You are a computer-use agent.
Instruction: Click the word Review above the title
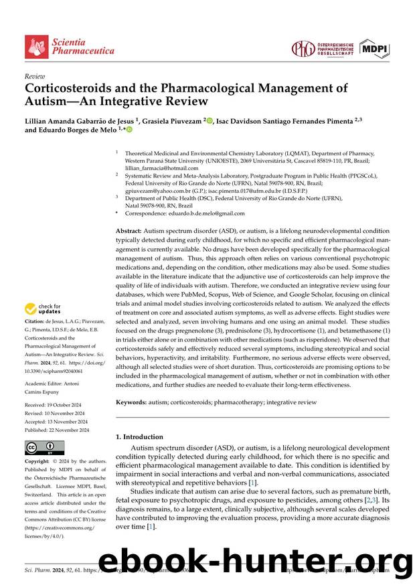(x=35, y=77)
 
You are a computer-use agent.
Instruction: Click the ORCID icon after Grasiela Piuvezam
(x=210, y=121)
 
